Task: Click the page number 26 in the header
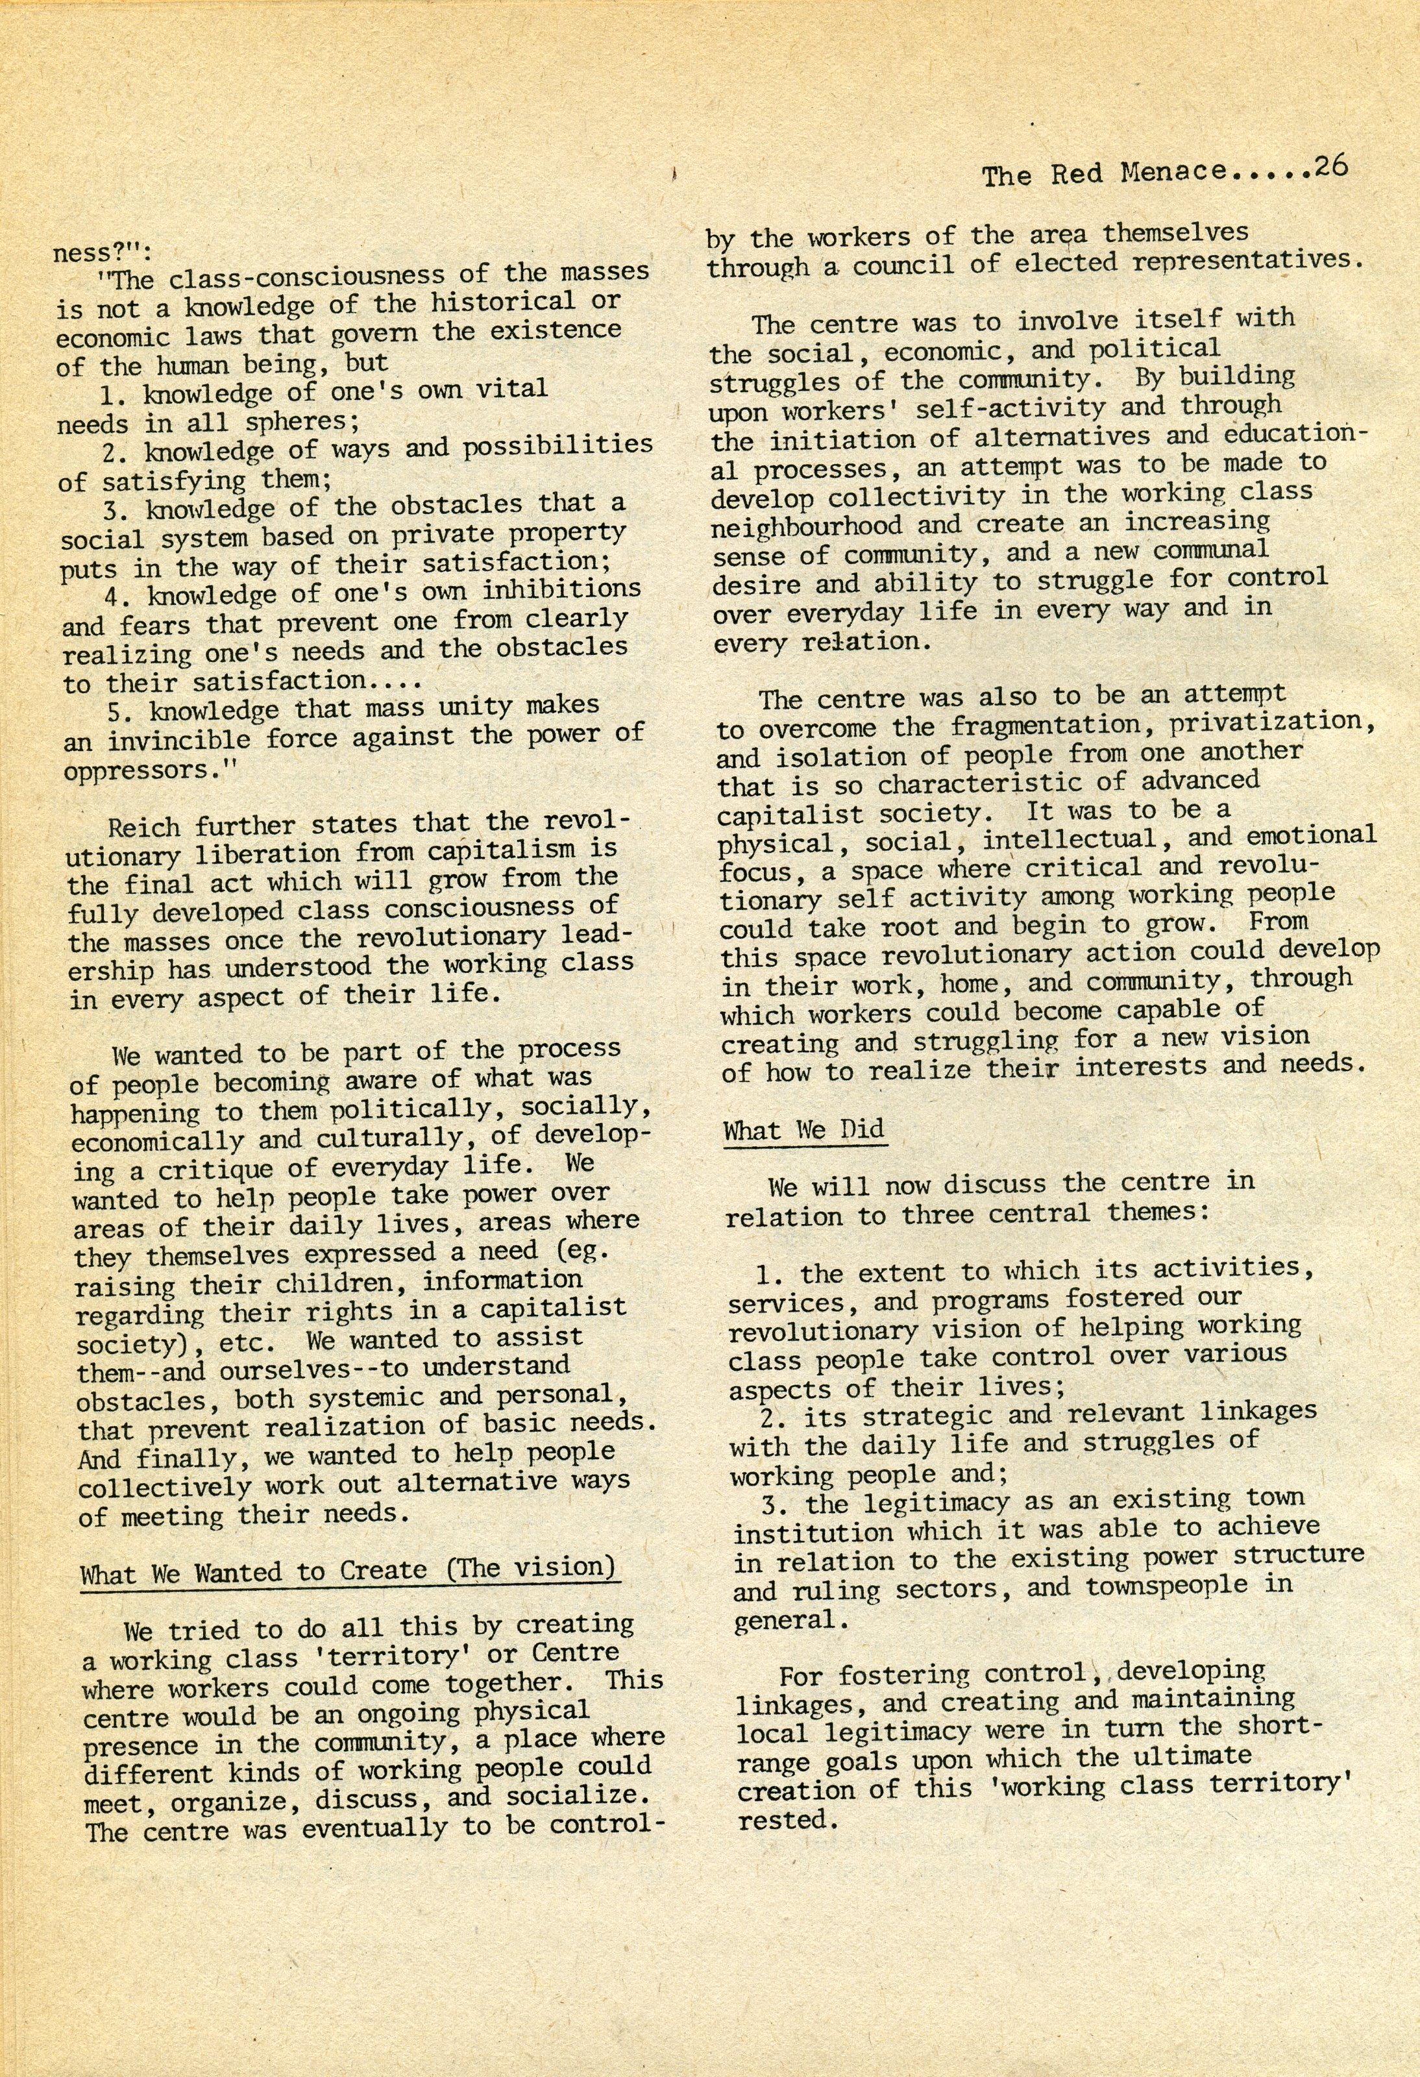[1330, 169]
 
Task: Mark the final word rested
[787, 1819]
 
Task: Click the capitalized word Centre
[574, 1653]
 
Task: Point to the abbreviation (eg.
[581, 1251]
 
